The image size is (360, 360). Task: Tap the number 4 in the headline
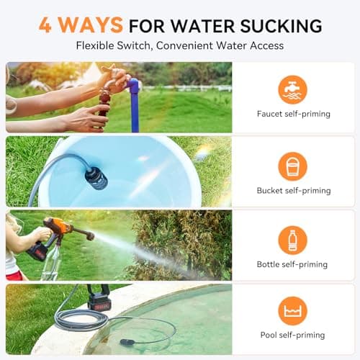click(45, 25)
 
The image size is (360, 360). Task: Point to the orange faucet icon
click(292, 89)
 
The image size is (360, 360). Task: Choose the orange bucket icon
click(292, 166)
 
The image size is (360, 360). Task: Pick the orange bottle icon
click(292, 240)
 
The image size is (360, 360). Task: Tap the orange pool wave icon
click(292, 310)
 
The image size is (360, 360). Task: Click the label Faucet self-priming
click(293, 114)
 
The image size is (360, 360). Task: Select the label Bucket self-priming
click(293, 191)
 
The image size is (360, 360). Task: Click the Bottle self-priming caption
click(293, 264)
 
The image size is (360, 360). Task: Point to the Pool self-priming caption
click(293, 335)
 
